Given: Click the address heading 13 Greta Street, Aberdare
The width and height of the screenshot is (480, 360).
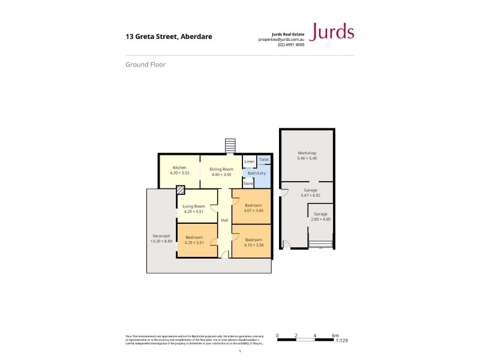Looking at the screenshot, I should pyautogui.click(x=168, y=37).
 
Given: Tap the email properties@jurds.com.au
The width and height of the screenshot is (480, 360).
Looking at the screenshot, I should pyautogui.click(x=281, y=39).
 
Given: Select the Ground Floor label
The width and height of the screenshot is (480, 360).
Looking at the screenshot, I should pyautogui.click(x=145, y=64).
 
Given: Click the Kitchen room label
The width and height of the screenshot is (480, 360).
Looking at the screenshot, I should pyautogui.click(x=179, y=167).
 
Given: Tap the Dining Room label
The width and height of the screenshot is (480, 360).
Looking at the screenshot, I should pyautogui.click(x=220, y=169).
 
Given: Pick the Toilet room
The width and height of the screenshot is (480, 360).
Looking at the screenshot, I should pyautogui.click(x=263, y=160).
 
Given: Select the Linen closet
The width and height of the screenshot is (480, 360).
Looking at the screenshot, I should pyautogui.click(x=249, y=161).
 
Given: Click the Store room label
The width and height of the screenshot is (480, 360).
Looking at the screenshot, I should pyautogui.click(x=248, y=183).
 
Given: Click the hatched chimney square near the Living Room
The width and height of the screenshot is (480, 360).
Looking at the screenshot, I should pyautogui.click(x=180, y=190).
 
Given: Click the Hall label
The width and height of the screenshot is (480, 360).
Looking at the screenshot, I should pyautogui.click(x=224, y=221).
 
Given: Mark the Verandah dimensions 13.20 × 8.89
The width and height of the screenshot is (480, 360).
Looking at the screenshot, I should pyautogui.click(x=160, y=241).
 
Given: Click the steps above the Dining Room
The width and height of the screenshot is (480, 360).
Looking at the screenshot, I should pyautogui.click(x=229, y=146).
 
